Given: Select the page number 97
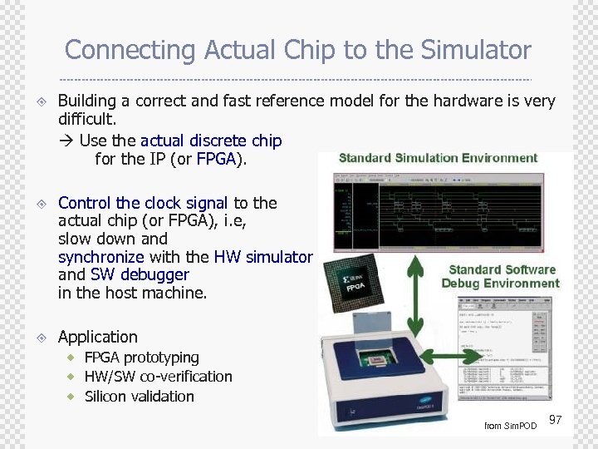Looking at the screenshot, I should click(x=556, y=421).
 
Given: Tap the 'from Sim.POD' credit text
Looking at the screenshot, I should click(x=510, y=426).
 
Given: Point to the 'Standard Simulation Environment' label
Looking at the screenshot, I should click(x=438, y=158).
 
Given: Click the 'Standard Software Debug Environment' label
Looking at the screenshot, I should click(x=501, y=276).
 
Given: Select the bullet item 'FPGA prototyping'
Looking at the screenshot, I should click(x=141, y=358).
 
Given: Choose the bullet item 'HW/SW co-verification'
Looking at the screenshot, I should click(x=158, y=377).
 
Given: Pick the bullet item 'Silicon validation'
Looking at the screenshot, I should click(x=139, y=397).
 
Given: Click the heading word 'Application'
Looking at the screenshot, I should click(x=97, y=337).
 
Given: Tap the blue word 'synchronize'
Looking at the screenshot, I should click(x=100, y=257).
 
